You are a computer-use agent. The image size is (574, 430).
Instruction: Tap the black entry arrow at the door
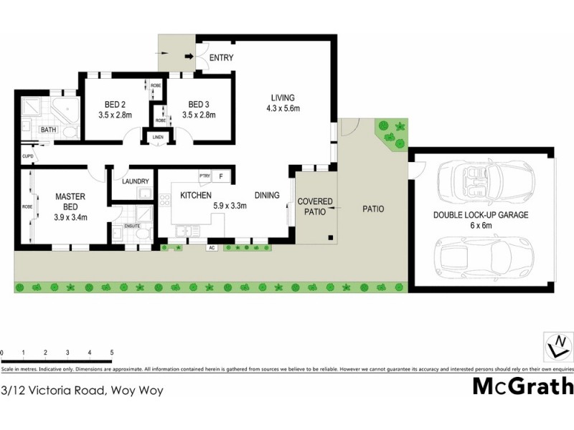pyautogui.click(x=189, y=57)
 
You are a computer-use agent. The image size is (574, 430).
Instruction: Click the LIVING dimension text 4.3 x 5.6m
pyautogui.click(x=282, y=109)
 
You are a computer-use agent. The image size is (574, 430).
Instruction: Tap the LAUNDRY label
pyautogui.click(x=135, y=182)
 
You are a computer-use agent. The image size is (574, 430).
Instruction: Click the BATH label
pyautogui.click(x=48, y=130)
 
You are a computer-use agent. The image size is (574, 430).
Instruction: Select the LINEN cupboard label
pyautogui.click(x=158, y=138)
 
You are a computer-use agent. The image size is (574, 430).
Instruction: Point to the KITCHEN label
pyautogui.click(x=195, y=195)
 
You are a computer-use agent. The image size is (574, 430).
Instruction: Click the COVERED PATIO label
pyautogui.click(x=315, y=206)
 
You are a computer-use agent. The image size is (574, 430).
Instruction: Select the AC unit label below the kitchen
pyautogui.click(x=212, y=248)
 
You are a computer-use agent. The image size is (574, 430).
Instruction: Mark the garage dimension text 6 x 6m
pyautogui.click(x=480, y=225)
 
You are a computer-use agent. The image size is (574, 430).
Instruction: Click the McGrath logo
pyautogui.click(x=522, y=386)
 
